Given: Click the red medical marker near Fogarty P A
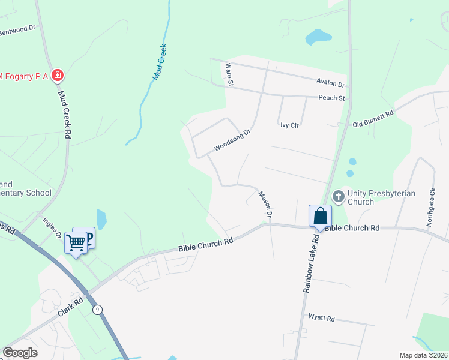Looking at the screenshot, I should pos(58,76).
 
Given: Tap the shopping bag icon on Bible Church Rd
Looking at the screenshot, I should pos(320,215).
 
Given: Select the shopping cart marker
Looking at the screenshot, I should pos(76,243).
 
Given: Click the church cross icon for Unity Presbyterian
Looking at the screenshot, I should pos(338,196).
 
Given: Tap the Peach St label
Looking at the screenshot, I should pos(332,98).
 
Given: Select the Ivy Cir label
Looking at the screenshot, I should pos(289,125).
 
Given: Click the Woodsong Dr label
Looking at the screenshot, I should pos(231,140).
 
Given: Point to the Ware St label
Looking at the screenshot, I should pos(229,75).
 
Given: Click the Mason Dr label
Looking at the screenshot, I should pos(265,204).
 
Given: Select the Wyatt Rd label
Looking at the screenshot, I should pos(321,317).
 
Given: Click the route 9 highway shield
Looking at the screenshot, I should pos(97,310).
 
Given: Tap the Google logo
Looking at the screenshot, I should pos(19,353).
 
